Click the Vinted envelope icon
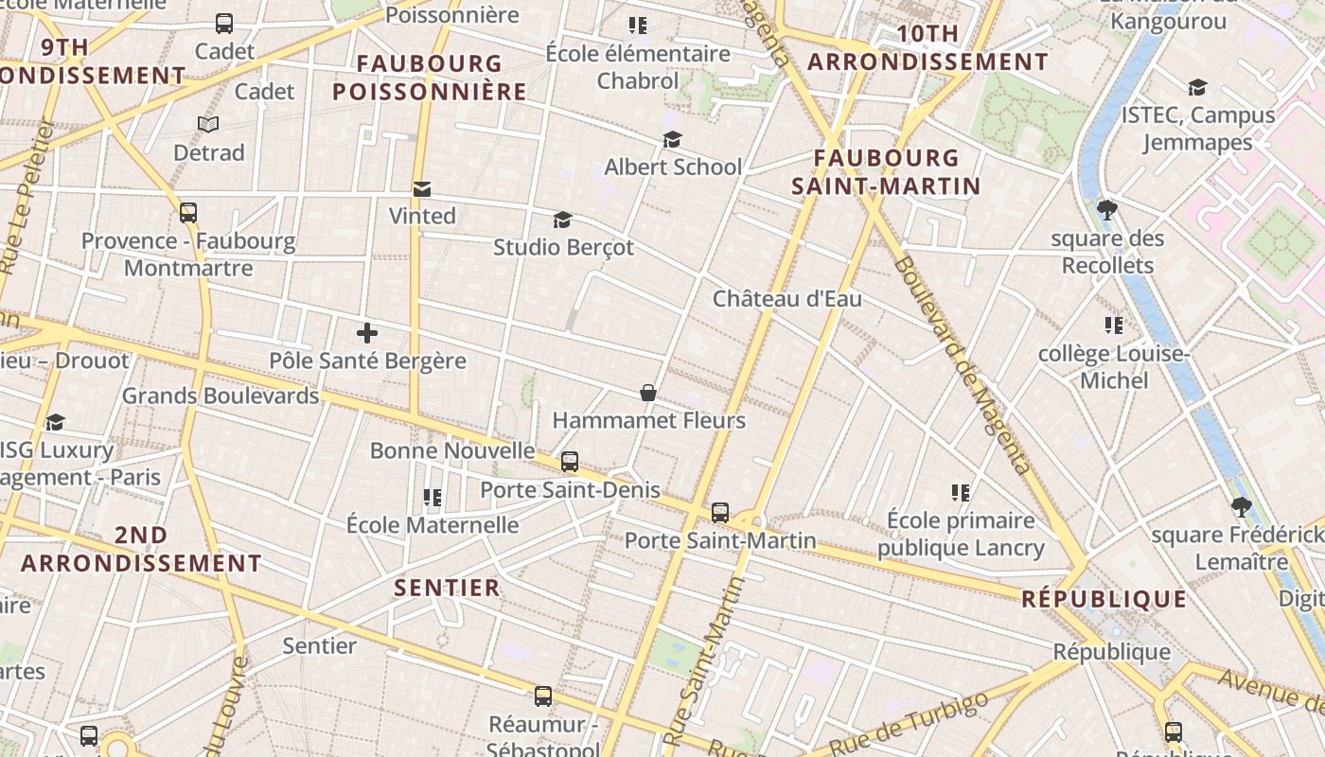(421, 189)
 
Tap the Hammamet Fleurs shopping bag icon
(648, 393)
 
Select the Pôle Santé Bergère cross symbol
(367, 333)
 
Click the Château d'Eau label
(786, 299)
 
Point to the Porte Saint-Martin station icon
(720, 513)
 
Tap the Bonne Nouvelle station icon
(569, 462)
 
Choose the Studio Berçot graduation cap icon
(563, 220)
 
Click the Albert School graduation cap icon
(672, 140)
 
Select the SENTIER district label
(447, 588)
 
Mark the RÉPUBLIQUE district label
(1104, 599)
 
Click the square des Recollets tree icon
(1106, 210)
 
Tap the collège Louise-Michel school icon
(1114, 326)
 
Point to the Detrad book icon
(208, 125)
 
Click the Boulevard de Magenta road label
(962, 364)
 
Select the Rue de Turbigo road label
(908, 723)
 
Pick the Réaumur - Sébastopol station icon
(543, 696)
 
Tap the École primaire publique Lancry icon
(961, 493)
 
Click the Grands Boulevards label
(220, 396)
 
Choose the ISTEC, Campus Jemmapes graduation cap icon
(1197, 88)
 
